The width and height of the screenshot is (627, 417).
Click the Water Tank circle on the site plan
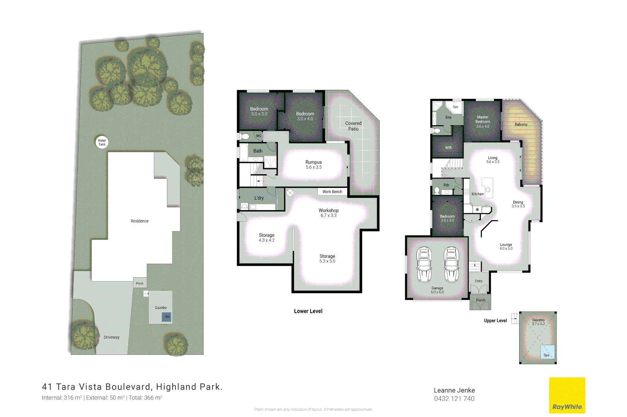coord(102,142)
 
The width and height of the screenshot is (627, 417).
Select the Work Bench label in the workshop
coord(332,192)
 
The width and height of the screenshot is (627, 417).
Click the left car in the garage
coord(424,264)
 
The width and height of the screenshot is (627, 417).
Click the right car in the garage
coord(451,264)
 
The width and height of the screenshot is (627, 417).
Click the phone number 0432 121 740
coord(454,398)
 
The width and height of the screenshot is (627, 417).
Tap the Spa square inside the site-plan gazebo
coord(167,317)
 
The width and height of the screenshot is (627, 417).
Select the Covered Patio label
coord(353,126)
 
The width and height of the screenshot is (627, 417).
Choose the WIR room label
coord(448,147)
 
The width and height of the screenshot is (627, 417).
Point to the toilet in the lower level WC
coord(244,136)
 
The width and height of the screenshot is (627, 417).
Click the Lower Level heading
coord(308,311)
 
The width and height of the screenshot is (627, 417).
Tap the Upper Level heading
coord(495,320)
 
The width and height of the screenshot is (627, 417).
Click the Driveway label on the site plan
coord(112,337)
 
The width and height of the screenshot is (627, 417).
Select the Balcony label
coord(521,124)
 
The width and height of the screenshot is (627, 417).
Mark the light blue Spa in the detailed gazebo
coord(547,352)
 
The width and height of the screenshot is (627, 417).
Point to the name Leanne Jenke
coord(454,390)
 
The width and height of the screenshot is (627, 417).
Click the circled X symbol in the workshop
coord(290,193)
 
